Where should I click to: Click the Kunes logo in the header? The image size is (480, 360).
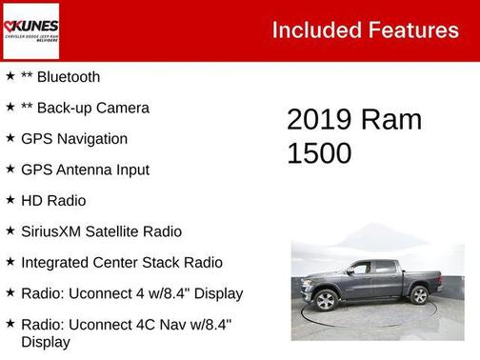point(31,30)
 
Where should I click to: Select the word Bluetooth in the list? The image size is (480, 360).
point(68,77)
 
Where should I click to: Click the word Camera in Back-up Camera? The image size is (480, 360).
point(121,108)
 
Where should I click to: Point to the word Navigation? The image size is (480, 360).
point(91,139)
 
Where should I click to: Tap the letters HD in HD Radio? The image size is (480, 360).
point(31,201)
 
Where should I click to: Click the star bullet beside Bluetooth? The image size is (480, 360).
point(10,76)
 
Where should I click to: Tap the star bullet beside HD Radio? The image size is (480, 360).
point(10,200)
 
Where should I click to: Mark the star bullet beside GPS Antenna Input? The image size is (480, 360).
point(10,170)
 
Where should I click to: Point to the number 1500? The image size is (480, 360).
point(319,153)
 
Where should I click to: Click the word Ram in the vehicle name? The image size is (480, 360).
point(392,120)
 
